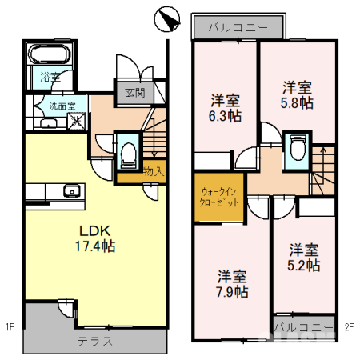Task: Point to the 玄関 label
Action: click(134, 92)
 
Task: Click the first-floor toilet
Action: click(128, 154)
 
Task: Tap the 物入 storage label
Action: click(154, 170)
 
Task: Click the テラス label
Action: click(95, 341)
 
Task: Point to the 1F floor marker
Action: click(10, 326)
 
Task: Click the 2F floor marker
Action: click(350, 326)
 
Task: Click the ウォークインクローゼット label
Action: click(218, 197)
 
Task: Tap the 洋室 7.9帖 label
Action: click(232, 283)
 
